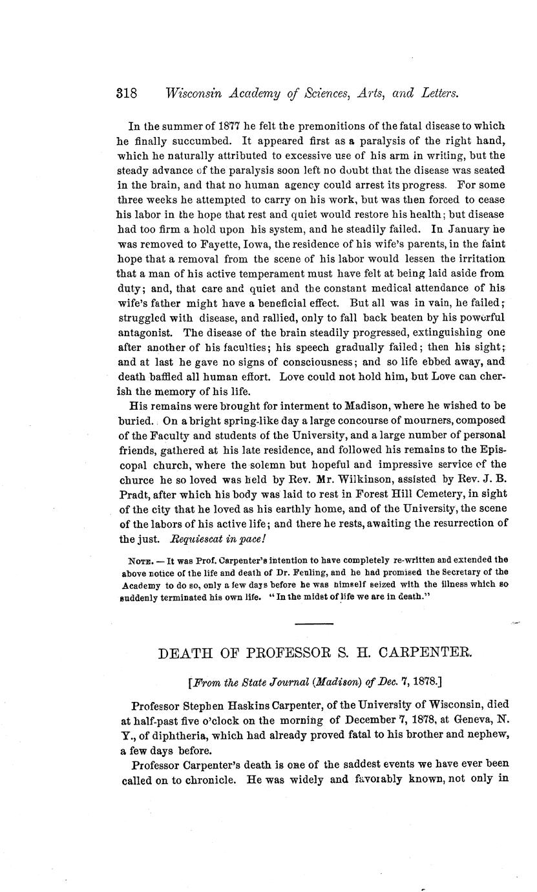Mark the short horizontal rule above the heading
(x=314, y=623)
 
